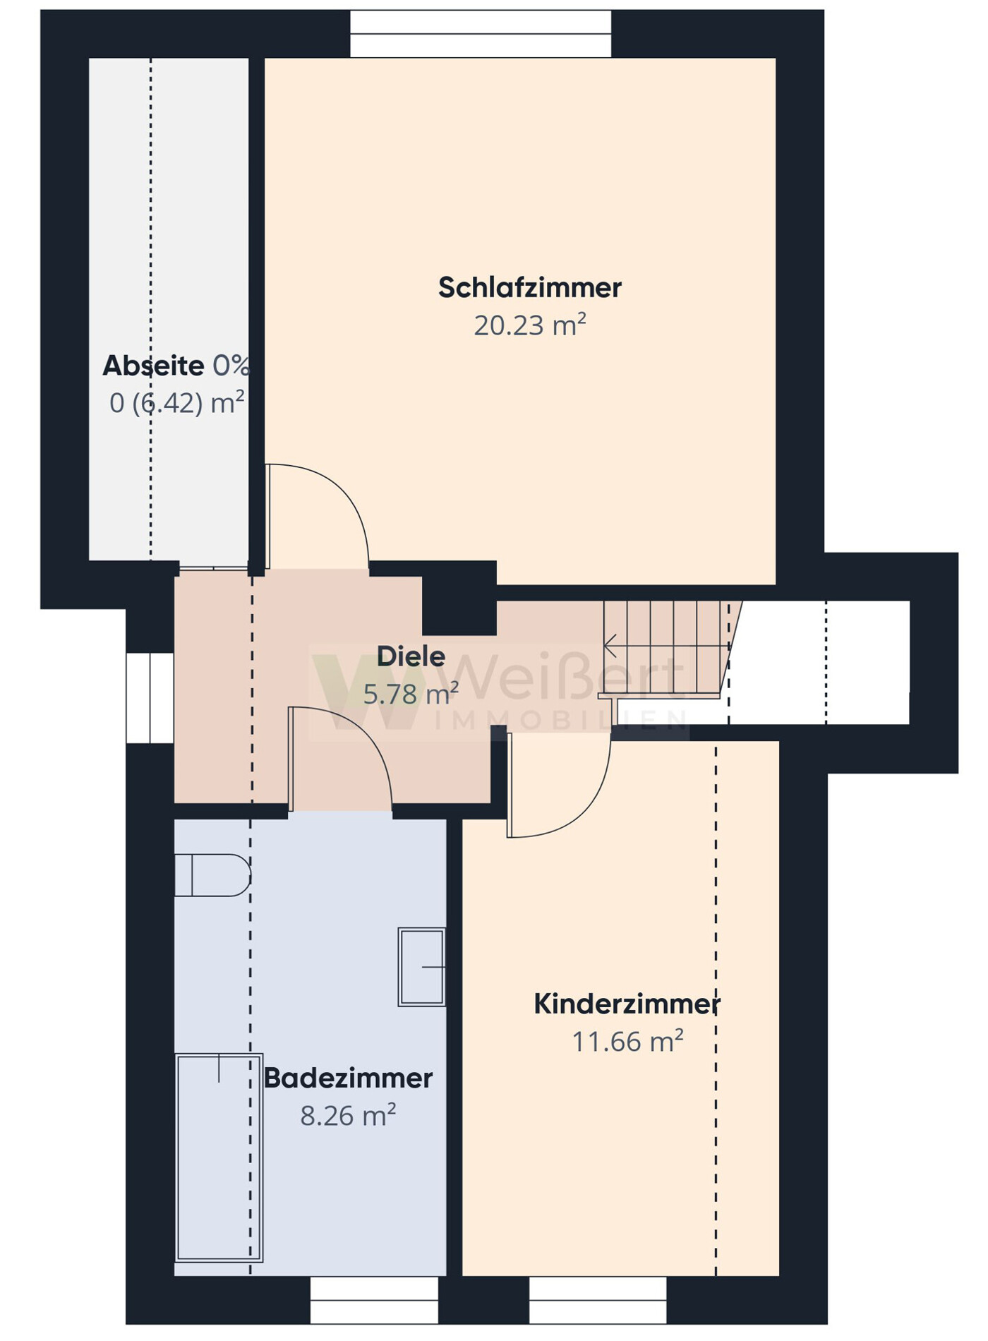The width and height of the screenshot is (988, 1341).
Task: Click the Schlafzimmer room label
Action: [x=529, y=288]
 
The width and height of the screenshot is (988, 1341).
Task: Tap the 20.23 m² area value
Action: [x=529, y=325]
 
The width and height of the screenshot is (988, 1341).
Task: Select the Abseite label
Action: [x=153, y=366]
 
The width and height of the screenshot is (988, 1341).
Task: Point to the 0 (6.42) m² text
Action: [x=176, y=403]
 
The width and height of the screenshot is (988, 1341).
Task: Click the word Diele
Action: [x=411, y=656]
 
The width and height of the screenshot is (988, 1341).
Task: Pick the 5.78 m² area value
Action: [x=411, y=694]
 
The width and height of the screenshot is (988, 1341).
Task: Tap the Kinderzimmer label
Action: [x=627, y=1004]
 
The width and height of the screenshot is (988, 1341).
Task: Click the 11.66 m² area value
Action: [x=627, y=1042]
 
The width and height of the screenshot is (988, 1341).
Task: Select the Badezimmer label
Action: [x=348, y=1078]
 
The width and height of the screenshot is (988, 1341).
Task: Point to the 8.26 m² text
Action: [x=348, y=1116]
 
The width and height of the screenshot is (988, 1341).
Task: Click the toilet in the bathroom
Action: [x=212, y=875]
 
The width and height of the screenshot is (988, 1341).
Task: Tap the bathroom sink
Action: [x=422, y=967]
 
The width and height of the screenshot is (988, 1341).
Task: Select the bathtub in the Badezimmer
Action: [x=219, y=1157]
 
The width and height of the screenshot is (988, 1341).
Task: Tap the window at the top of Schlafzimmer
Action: [x=481, y=33]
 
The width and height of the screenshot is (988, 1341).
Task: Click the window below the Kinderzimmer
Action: [x=598, y=1300]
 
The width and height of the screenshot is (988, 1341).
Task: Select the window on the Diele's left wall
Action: [x=150, y=698]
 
